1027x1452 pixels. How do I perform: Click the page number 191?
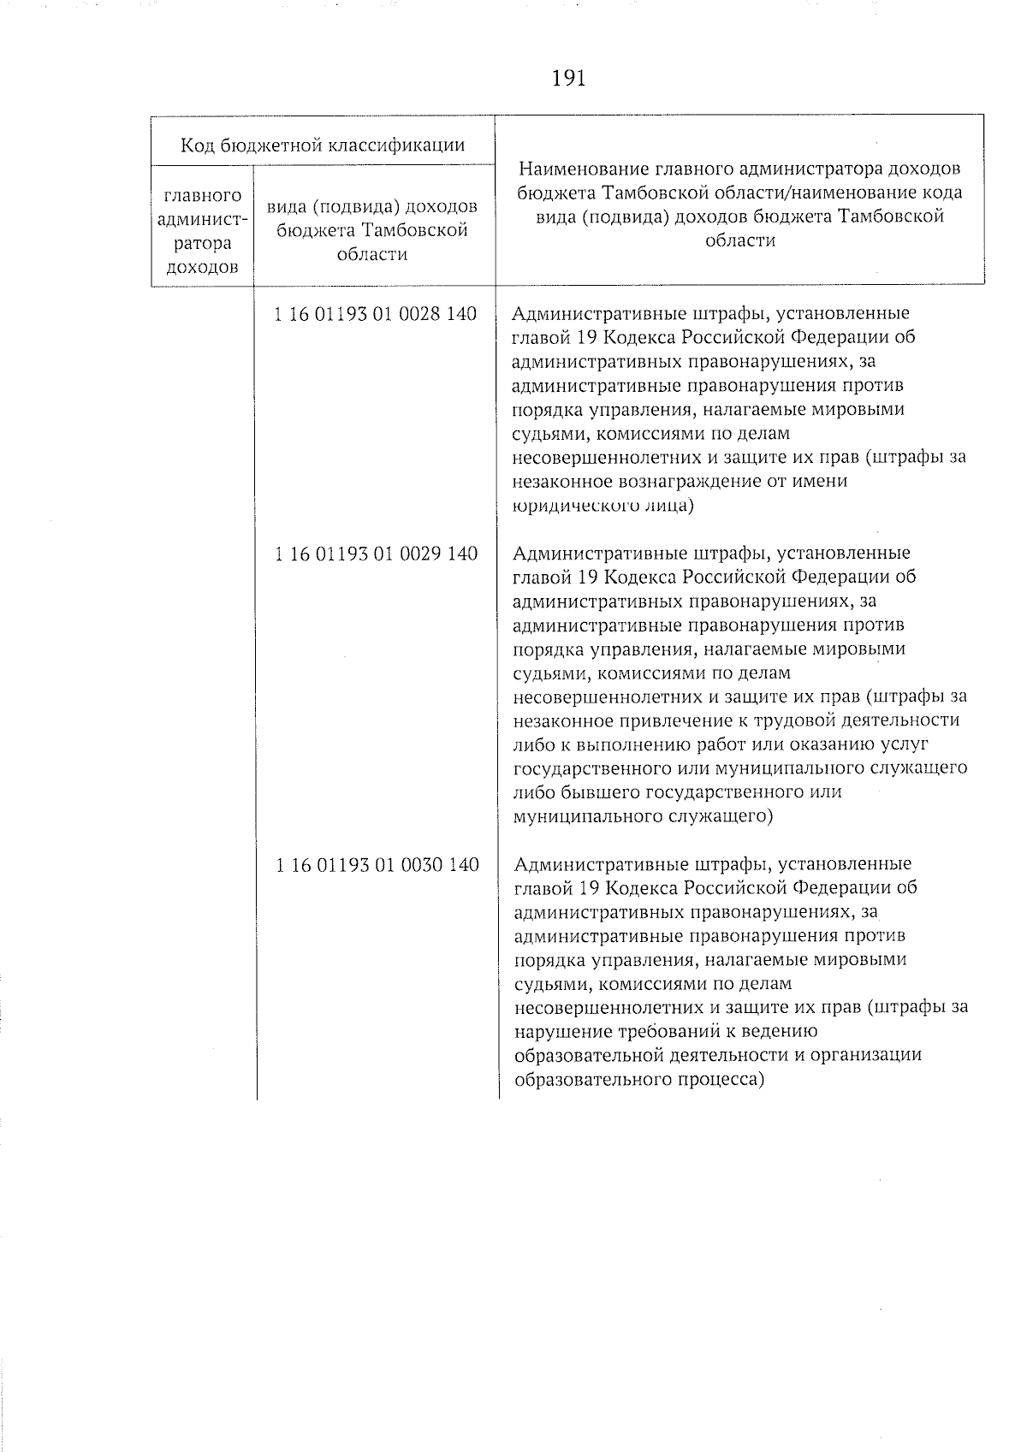(568, 79)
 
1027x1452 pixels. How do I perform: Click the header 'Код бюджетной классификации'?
(323, 145)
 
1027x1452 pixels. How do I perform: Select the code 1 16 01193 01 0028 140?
(375, 314)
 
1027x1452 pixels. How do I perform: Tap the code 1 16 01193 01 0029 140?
(376, 554)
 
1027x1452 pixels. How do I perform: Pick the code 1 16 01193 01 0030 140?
(377, 865)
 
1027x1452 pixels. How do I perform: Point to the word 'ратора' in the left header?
(202, 243)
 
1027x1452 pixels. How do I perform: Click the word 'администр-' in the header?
(202, 220)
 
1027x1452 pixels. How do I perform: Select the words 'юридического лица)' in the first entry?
(603, 505)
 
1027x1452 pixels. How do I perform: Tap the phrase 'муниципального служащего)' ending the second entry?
(642, 816)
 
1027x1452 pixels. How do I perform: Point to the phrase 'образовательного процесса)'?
(638, 1080)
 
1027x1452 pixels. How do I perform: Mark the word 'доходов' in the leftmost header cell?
(202, 267)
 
